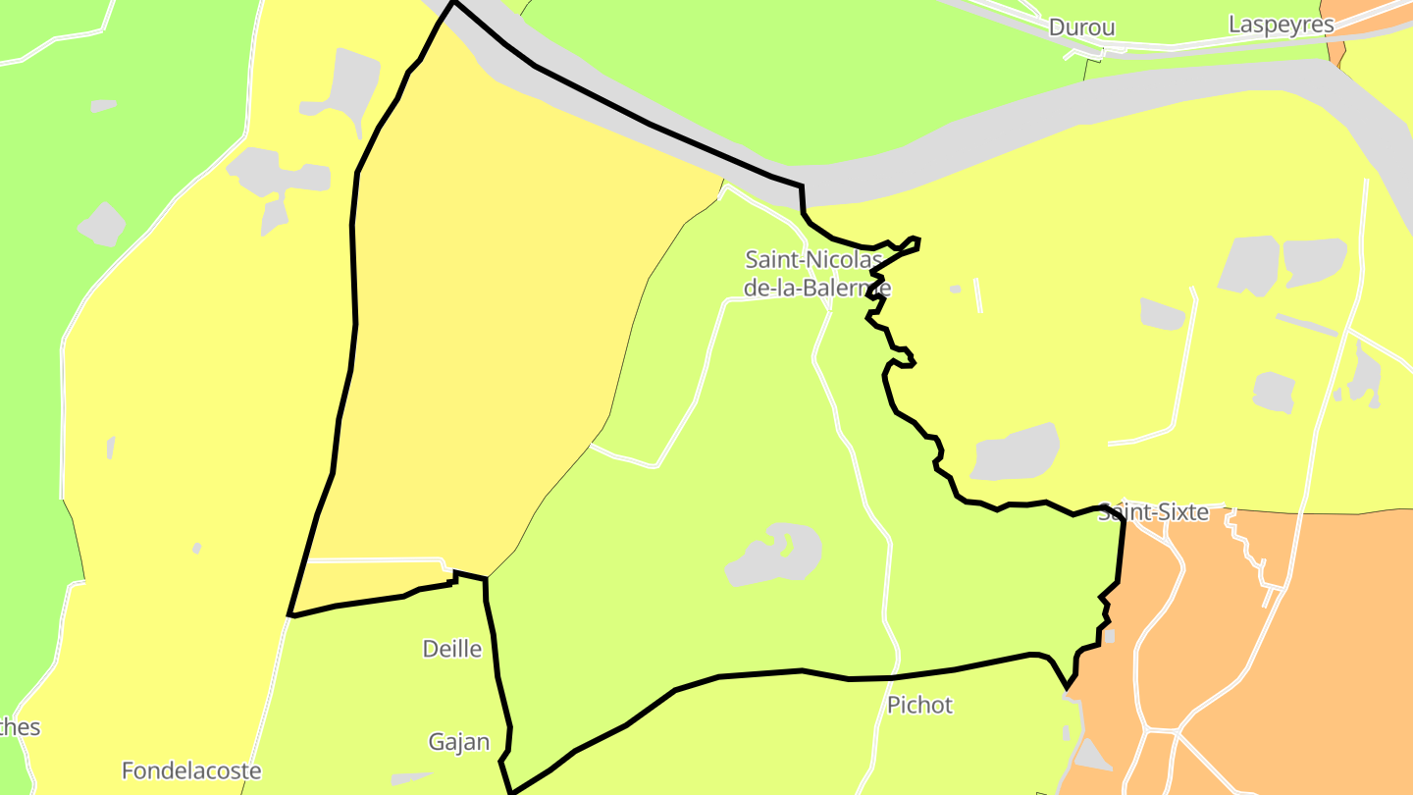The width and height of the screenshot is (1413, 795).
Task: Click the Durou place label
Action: (x=1081, y=27)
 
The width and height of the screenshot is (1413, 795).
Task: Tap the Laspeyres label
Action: (x=1281, y=25)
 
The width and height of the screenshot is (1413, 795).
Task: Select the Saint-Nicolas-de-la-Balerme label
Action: (x=816, y=274)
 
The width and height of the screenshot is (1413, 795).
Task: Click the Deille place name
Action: (x=451, y=649)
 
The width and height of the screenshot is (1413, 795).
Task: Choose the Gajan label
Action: (x=458, y=742)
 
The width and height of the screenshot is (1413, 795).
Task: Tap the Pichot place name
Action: (x=919, y=705)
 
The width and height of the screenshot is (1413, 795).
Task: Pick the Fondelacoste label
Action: (x=191, y=770)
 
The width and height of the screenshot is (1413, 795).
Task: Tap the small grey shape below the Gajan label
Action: (x=410, y=779)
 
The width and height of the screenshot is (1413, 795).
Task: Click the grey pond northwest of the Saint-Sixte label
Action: (x=1016, y=451)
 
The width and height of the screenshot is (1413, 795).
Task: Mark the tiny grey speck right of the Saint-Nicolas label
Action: (x=956, y=289)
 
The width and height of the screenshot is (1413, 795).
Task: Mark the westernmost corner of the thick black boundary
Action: (x=290, y=615)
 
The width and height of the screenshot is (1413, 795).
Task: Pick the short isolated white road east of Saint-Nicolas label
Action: (x=977, y=295)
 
